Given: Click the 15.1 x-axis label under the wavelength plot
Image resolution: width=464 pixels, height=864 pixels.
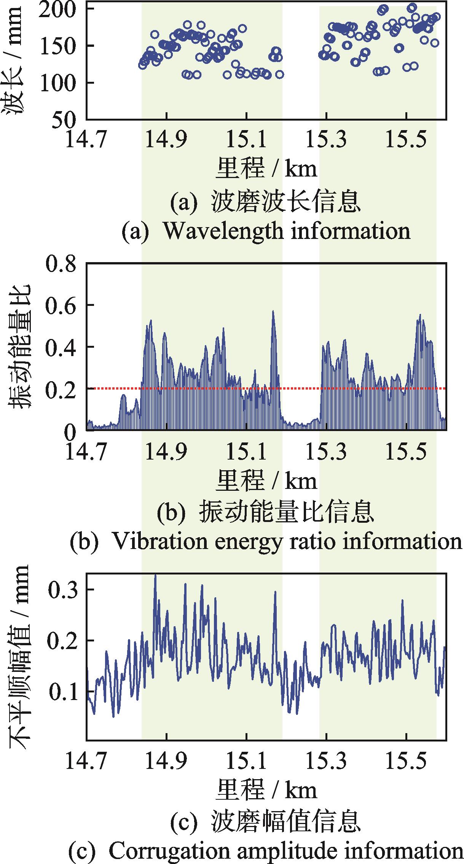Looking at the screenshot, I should click(247, 140).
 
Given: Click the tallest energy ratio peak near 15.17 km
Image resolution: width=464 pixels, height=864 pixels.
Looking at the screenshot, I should click(273, 312).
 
